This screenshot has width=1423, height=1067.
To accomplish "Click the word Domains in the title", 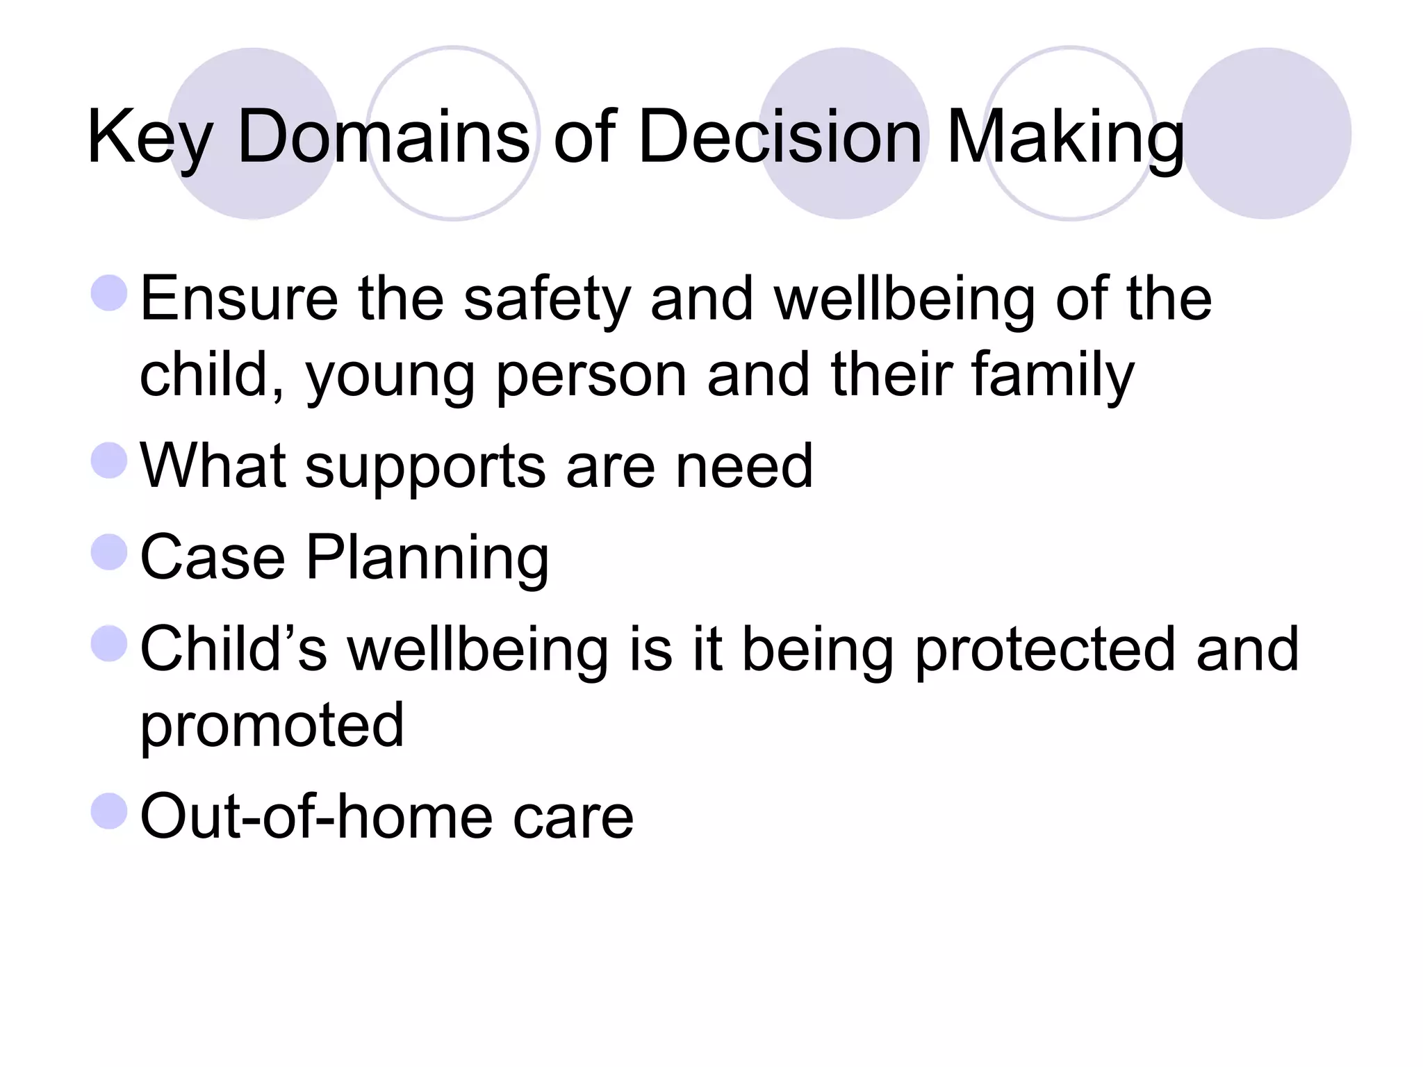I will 384,136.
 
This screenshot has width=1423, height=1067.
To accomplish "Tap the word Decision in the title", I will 780,136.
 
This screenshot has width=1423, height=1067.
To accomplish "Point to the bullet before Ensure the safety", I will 109,292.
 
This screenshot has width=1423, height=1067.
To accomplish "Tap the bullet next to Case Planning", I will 109,552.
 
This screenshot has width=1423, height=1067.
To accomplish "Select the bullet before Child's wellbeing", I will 109,643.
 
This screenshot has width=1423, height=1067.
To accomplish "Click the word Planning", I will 427,559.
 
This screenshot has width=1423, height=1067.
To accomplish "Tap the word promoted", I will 272,727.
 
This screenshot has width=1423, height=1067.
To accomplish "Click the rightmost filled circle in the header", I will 1266,133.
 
